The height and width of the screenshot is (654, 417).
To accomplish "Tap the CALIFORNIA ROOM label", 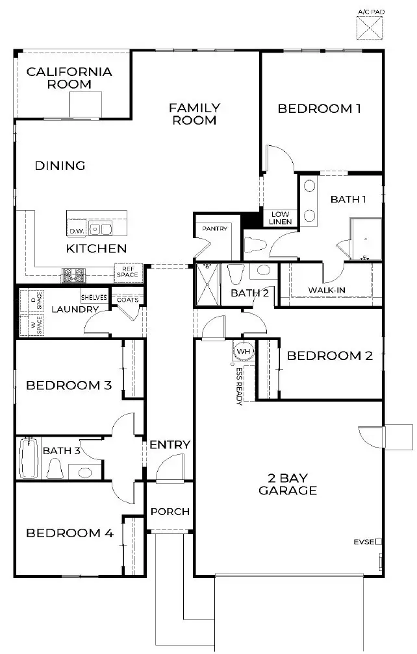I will pyautogui.click(x=69, y=78).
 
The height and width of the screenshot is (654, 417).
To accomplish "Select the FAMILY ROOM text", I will pyautogui.click(x=194, y=114).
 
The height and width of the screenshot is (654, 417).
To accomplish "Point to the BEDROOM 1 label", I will pyautogui.click(x=319, y=108).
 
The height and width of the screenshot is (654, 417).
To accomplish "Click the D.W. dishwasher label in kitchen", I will pyautogui.click(x=76, y=230).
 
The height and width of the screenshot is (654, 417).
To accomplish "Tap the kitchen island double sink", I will pyautogui.click(x=100, y=228).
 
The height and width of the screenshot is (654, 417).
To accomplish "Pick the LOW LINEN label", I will pyautogui.click(x=281, y=218).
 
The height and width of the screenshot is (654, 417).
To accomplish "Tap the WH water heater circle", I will pyautogui.click(x=244, y=351).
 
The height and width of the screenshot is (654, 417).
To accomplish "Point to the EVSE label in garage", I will pyautogui.click(x=364, y=541).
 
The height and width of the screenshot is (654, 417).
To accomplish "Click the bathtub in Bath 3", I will pyautogui.click(x=29, y=458).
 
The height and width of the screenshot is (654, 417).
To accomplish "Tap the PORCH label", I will pyautogui.click(x=170, y=511).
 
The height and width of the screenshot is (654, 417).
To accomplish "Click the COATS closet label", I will pyautogui.click(x=127, y=299).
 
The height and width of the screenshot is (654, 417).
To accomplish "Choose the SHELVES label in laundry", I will pyautogui.click(x=94, y=297).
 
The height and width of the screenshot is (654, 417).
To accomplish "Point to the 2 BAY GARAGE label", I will pyautogui.click(x=287, y=484).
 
